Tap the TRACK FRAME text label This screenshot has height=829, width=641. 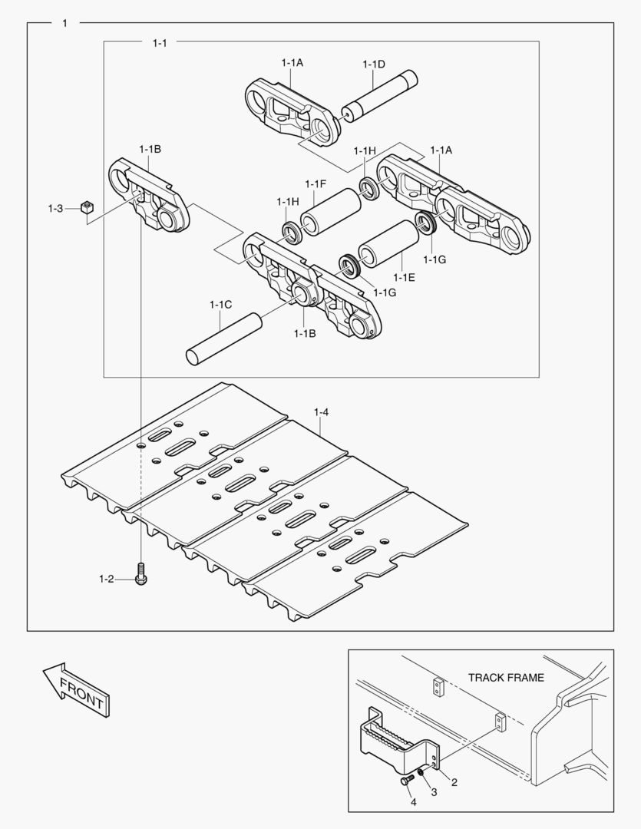(506, 678)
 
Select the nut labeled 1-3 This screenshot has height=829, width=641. (88, 207)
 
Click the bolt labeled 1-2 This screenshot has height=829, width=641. (141, 576)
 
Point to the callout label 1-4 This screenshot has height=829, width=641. (321, 413)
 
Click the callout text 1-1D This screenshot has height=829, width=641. (374, 64)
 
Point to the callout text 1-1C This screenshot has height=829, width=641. (220, 305)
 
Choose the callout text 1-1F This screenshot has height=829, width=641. (316, 183)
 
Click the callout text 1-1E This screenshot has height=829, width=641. (404, 276)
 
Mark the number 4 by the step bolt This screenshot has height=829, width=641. (413, 803)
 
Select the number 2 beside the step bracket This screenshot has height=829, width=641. (454, 783)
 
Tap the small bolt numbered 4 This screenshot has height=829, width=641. (405, 781)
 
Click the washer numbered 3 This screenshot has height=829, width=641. (421, 772)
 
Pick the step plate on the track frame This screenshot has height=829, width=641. (391, 741)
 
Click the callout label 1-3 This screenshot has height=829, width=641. (55, 208)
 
